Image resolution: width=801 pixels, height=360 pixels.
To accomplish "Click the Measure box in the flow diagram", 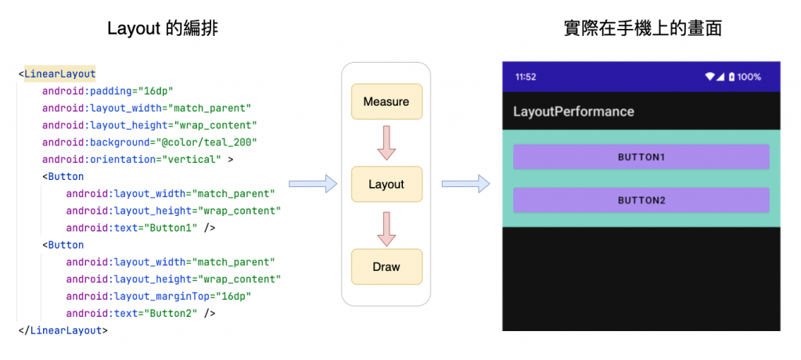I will click(x=386, y=102).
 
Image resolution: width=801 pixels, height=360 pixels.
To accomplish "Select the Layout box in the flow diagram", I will click(x=386, y=184).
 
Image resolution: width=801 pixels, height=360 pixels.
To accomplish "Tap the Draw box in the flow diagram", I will click(x=386, y=267).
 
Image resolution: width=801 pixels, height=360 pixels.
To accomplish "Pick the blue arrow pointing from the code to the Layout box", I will click(x=312, y=184).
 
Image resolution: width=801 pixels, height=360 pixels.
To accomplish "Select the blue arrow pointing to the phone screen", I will click(x=465, y=184).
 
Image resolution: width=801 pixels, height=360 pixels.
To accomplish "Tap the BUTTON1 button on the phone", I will click(x=641, y=157).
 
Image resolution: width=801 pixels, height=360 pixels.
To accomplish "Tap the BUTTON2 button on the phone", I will click(x=641, y=200).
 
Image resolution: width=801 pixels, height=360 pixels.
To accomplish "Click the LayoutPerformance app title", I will click(x=573, y=111).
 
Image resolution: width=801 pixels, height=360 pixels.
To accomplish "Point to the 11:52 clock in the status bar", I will click(x=526, y=77).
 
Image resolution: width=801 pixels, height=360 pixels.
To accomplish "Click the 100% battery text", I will click(x=749, y=77).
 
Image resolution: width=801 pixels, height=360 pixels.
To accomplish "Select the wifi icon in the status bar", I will click(x=710, y=77).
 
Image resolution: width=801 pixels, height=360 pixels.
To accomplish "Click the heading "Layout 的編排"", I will click(x=163, y=29).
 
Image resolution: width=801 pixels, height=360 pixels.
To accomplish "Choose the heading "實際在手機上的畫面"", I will click(x=642, y=29).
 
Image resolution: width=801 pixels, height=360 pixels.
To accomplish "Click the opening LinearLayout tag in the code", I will click(x=59, y=74).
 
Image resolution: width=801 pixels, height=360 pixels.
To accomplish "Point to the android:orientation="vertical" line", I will click(x=138, y=160).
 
